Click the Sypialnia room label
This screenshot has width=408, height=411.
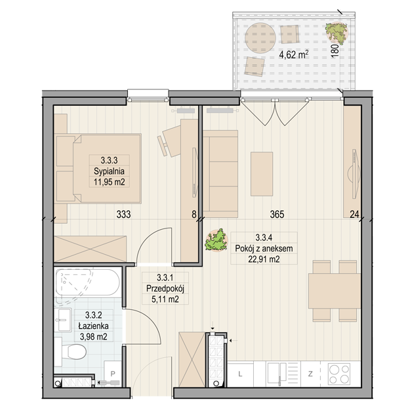109,171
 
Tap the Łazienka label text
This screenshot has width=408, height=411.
94,326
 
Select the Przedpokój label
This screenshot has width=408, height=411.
165,289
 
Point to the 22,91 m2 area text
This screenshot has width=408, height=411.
264,259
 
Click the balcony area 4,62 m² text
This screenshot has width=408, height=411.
294,54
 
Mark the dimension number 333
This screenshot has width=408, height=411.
123,215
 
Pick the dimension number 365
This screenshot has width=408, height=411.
277,215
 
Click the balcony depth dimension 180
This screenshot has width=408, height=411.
335,51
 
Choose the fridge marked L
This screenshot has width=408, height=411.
240,374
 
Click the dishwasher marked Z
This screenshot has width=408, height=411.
310,374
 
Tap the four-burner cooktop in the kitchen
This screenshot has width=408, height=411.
340,374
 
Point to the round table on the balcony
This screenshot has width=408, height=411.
260,37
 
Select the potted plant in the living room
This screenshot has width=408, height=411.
216,240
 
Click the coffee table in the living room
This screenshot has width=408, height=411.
262,174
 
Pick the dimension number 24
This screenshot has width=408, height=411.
355,215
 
